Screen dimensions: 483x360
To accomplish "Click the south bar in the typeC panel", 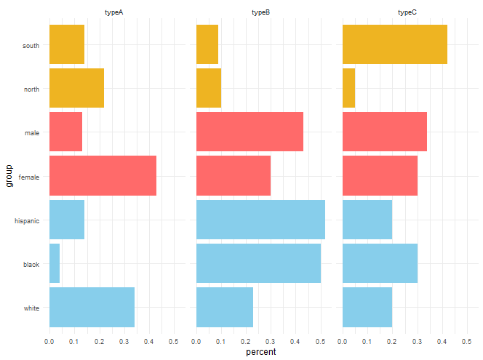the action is pyautogui.click(x=395, y=44).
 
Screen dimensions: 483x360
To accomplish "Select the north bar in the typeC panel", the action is pyautogui.click(x=349, y=88).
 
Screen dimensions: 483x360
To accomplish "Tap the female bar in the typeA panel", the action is pyautogui.click(x=103, y=175).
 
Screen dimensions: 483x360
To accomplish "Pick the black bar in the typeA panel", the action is pyautogui.click(x=55, y=263).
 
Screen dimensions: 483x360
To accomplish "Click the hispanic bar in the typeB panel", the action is pyautogui.click(x=260, y=220).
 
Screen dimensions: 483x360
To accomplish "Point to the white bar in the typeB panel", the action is pyautogui.click(x=225, y=308).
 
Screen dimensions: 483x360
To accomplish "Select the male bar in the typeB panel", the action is pyautogui.click(x=250, y=132).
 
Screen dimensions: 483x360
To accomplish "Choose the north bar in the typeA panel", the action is pyautogui.click(x=76, y=88).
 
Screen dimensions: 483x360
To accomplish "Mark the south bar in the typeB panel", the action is pyautogui.click(x=207, y=44).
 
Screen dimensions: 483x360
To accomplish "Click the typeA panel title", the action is pyautogui.click(x=114, y=12).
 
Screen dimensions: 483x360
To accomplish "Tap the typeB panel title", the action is pyautogui.click(x=260, y=12).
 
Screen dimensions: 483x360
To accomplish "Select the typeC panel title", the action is pyautogui.click(x=407, y=12).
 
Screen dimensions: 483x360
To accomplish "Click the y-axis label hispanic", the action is pyautogui.click(x=27, y=221).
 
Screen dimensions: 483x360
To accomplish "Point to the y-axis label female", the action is pyautogui.click(x=29, y=177).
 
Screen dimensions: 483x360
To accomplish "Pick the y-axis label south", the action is pyautogui.click(x=31, y=46).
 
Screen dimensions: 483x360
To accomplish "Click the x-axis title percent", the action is pyautogui.click(x=261, y=352).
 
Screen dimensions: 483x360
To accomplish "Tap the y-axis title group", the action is pyautogui.click(x=9, y=176).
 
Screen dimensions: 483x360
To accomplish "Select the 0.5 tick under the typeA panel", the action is pyautogui.click(x=173, y=342).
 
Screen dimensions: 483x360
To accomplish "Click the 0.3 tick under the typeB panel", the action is pyautogui.click(x=270, y=342).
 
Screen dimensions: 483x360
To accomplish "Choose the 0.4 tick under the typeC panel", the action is pyautogui.click(x=442, y=342).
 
